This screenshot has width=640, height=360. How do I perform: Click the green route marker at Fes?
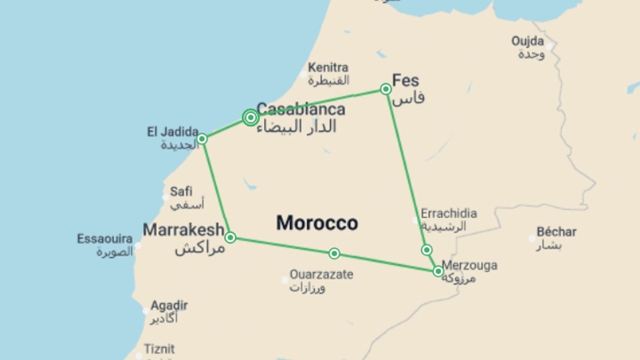point(386,89)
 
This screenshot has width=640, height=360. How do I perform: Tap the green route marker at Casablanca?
point(251,117)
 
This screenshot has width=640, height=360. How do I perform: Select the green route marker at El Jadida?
point(202,139)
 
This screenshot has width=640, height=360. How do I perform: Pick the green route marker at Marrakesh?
point(230,238)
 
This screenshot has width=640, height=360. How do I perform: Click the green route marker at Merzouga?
point(438,271)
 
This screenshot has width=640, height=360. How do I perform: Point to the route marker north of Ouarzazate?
point(334,254)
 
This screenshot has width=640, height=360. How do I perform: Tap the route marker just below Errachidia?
point(427,250)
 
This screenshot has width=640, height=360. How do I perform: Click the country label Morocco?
point(317,223)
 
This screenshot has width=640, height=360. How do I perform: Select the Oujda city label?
point(527,42)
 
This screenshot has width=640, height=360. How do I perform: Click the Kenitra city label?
point(328,68)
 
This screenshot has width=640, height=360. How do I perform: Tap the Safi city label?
point(181,192)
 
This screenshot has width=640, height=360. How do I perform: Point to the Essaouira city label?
point(105,239)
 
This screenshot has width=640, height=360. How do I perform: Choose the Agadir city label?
point(169,305)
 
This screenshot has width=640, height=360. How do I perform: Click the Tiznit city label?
point(159,349)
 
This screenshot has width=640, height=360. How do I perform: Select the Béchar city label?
point(556,232)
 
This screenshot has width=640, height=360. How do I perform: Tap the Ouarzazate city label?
point(321,275)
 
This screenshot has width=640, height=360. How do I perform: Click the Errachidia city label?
point(449,213)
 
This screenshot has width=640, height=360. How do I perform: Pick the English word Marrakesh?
point(183,230)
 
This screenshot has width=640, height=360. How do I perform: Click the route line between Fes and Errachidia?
point(405,167)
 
